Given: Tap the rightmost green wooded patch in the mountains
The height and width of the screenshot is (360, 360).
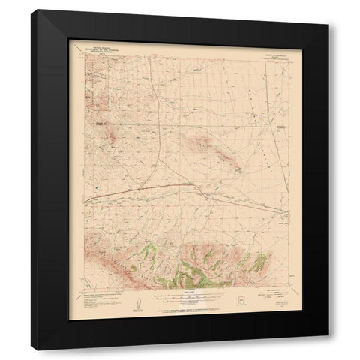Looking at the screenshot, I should (x=257, y=263).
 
